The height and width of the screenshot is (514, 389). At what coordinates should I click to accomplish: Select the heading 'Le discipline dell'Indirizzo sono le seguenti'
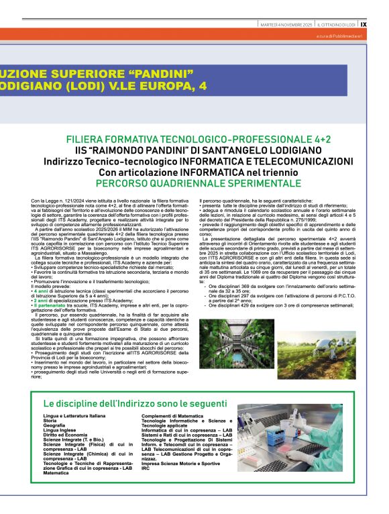[135, 404]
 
